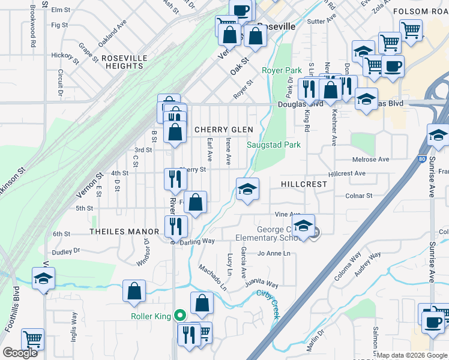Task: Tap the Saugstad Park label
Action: coord(274,145)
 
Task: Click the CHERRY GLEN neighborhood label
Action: coord(223,130)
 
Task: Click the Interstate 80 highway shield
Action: coord(422,159)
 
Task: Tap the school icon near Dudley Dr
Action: coord(44,279)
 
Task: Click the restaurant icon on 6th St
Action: coord(176,226)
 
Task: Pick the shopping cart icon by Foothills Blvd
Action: coord(32,339)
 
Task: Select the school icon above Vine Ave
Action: coord(247,189)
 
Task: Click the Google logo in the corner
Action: coord(20,353)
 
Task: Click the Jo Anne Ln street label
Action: coord(274,254)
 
